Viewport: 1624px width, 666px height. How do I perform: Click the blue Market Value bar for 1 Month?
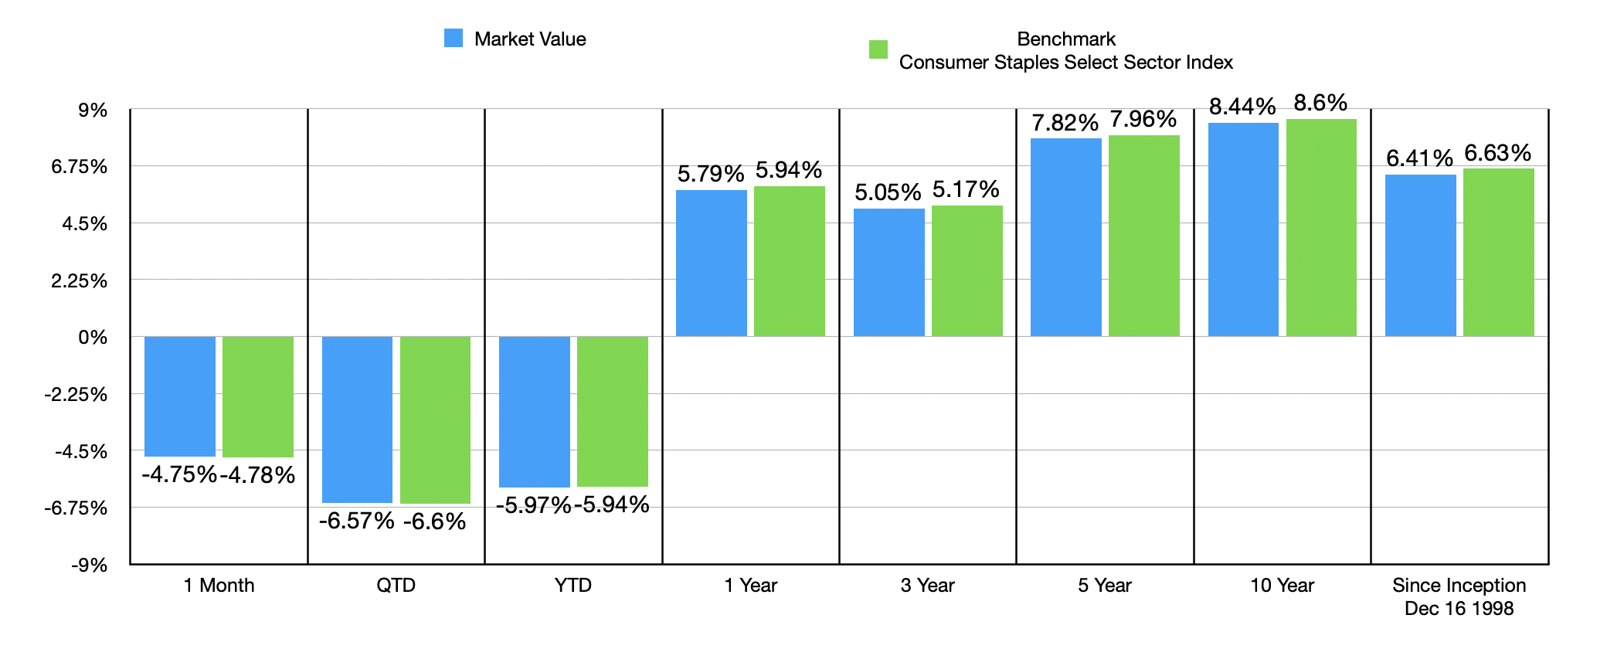[180, 396]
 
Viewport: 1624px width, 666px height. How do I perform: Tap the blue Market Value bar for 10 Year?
[1243, 229]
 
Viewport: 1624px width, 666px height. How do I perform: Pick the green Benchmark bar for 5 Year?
[1144, 236]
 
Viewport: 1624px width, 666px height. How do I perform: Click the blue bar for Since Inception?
[1420, 255]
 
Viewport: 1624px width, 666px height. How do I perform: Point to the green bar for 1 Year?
[790, 261]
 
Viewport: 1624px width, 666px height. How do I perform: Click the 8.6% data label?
[1320, 103]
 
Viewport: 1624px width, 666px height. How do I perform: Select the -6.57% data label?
[356, 521]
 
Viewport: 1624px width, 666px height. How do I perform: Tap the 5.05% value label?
[888, 192]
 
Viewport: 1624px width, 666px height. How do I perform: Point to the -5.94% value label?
[612, 505]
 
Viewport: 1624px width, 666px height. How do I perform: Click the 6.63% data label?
[1497, 153]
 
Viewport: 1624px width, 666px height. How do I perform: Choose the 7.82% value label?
[1065, 123]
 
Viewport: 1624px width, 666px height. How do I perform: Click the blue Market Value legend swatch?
[454, 38]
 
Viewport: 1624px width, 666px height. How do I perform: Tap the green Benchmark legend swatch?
[878, 49]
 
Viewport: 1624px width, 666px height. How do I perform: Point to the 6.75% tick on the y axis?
[79, 167]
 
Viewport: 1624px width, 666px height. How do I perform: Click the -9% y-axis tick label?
[90, 565]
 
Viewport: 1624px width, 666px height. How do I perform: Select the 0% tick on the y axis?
[93, 338]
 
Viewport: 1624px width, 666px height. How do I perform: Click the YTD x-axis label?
[573, 586]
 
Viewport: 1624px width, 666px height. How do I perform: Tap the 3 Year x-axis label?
[927, 586]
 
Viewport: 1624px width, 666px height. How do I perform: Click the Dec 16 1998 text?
[1459, 609]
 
